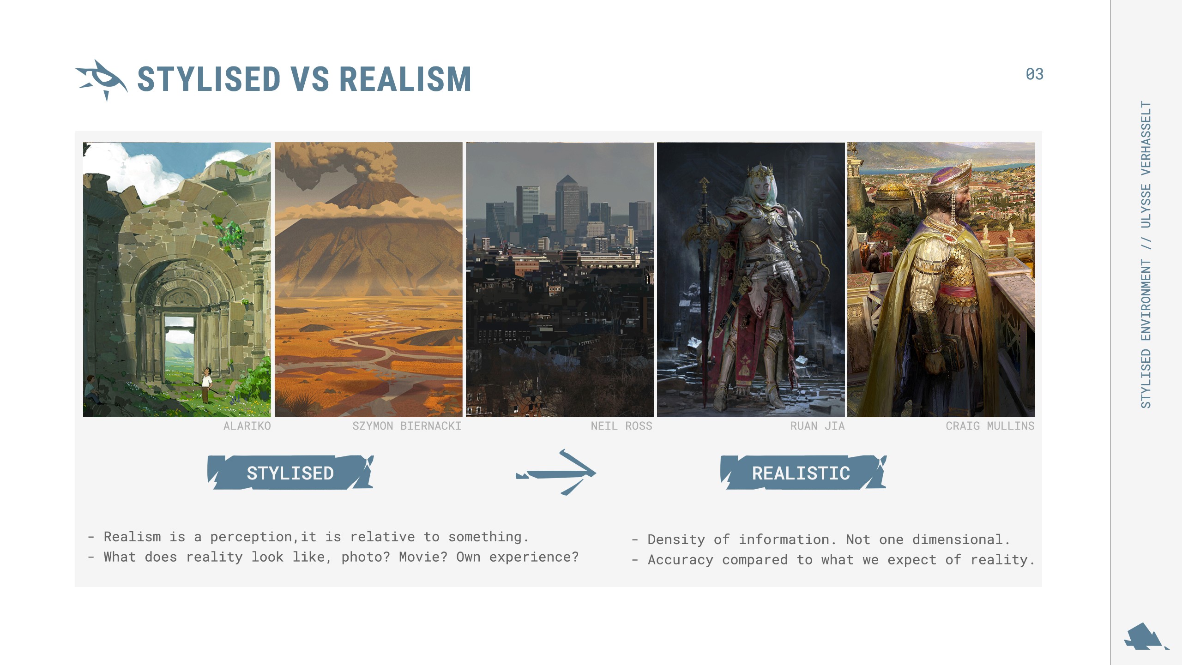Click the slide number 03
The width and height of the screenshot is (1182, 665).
(1034, 74)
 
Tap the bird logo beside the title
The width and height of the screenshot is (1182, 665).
(101, 80)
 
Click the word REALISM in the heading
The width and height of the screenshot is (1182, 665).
(405, 79)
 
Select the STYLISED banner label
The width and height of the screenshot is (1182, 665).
(290, 473)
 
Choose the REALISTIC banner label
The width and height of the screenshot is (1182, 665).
(803, 473)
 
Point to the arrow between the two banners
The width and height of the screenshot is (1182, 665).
(556, 473)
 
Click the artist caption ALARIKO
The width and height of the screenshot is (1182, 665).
(247, 426)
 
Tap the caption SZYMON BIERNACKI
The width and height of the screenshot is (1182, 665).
(407, 426)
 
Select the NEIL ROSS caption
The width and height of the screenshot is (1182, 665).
(621, 426)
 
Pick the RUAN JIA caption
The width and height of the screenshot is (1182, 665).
(817, 426)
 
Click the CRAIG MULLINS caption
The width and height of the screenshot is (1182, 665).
(990, 426)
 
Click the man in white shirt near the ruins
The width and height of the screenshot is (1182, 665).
(206, 384)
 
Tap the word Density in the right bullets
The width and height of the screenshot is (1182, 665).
(676, 540)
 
